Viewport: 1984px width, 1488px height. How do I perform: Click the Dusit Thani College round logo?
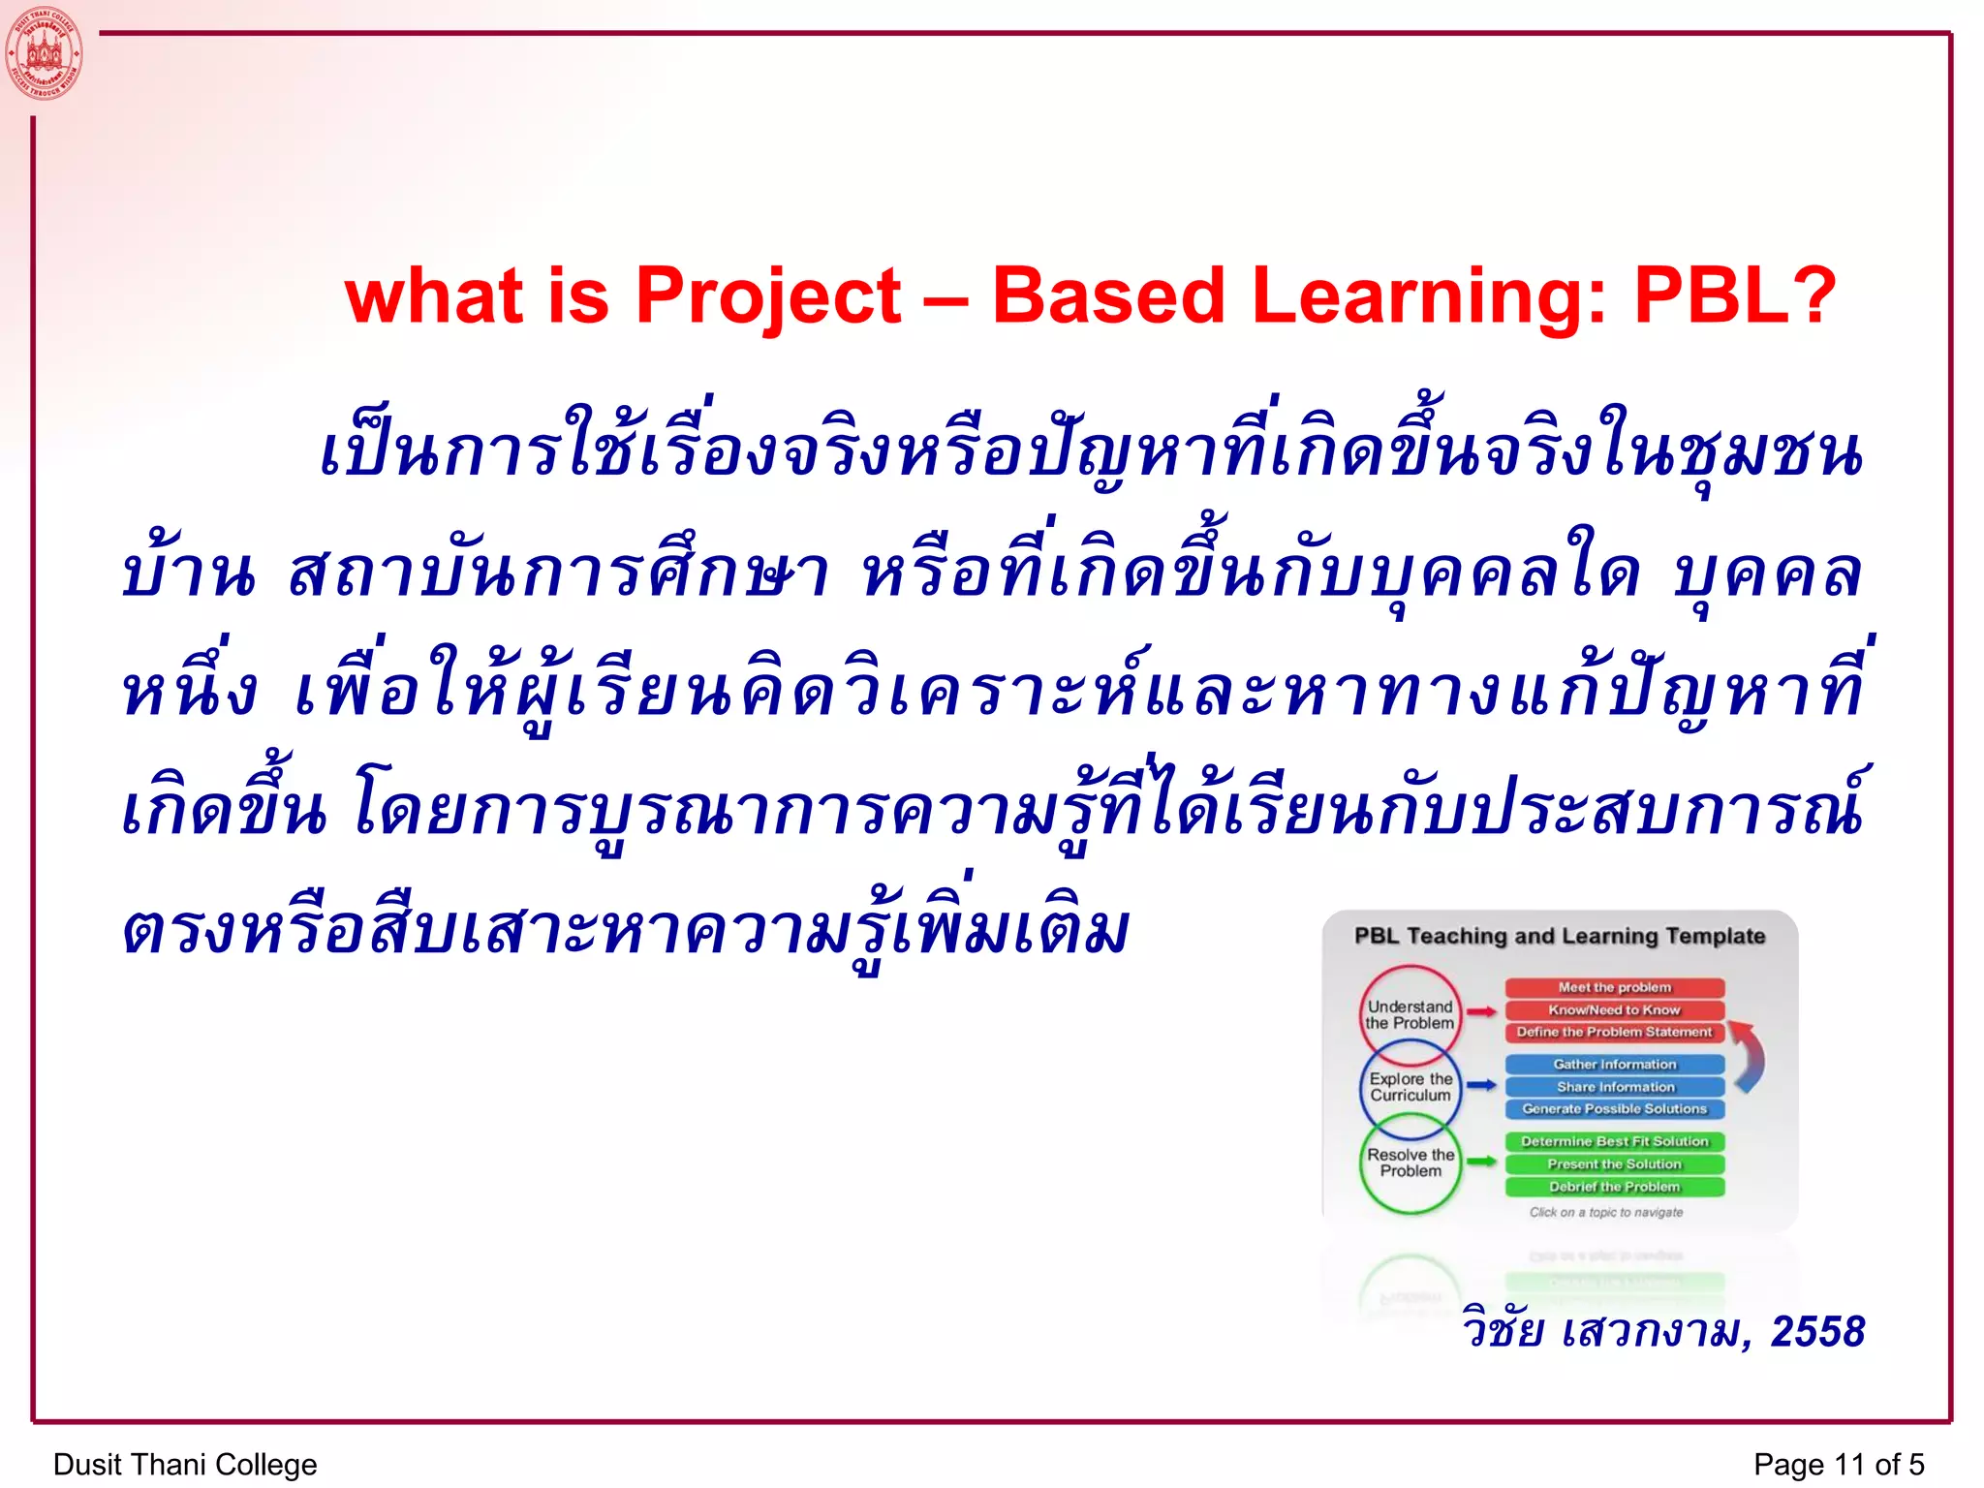pos(44,53)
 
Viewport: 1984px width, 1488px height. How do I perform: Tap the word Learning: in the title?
pos(1430,295)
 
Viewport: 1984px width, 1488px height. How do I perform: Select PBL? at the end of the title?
pos(1735,295)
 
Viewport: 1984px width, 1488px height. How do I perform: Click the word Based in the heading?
pos(1108,295)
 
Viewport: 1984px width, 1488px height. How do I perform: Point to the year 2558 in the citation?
pos(1817,1331)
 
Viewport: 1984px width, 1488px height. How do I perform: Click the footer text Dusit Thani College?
pos(185,1464)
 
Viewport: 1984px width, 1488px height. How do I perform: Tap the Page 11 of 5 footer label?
pos(1838,1464)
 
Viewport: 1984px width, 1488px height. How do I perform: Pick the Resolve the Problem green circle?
pos(1410,1162)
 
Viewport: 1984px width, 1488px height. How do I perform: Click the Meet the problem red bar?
pos(1614,987)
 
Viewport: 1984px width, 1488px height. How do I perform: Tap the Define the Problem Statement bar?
pos(1614,1032)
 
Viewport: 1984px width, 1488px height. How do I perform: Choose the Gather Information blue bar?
pos(1614,1064)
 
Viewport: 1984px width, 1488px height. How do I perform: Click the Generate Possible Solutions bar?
pos(1614,1108)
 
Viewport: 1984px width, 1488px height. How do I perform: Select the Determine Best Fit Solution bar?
pos(1614,1141)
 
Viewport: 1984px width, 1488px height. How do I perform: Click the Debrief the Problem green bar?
pos(1614,1187)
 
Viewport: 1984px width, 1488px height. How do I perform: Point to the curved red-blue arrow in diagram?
pos(1750,1056)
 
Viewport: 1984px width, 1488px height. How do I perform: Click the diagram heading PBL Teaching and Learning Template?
pos(1560,936)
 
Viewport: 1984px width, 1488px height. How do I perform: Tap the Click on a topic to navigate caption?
pos(1605,1212)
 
